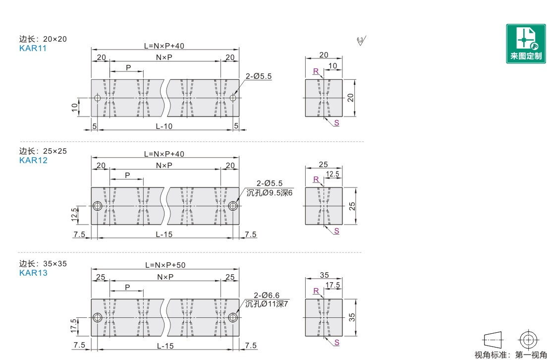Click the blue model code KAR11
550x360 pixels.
(x=33, y=49)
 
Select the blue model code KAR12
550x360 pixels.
(x=33, y=160)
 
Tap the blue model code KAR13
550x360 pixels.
(x=33, y=273)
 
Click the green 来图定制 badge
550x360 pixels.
(x=526, y=44)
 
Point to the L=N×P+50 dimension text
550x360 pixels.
(x=165, y=265)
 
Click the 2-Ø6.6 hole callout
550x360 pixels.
(x=267, y=296)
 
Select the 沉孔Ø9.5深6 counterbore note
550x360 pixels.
(x=270, y=192)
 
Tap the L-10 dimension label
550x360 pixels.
(x=164, y=126)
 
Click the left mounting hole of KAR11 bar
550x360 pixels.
(x=98, y=98)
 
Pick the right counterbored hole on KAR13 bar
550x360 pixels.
(x=232, y=317)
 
